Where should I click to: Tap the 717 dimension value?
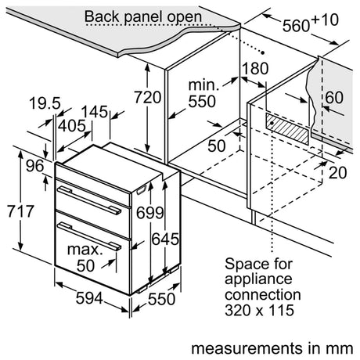coord(16,212)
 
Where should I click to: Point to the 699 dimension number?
coord(144,212)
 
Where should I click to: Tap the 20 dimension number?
coord(339,174)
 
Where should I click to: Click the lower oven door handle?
coord(88,228)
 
